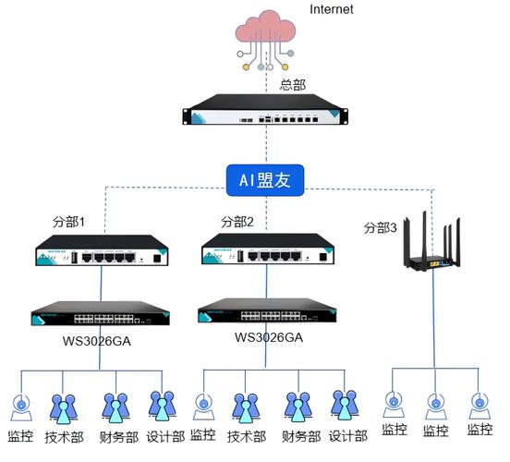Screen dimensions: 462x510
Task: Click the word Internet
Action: (x=331, y=10)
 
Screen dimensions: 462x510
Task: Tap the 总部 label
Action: (x=293, y=84)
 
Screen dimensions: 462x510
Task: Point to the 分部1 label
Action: (x=68, y=223)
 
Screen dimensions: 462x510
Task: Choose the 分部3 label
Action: (x=380, y=227)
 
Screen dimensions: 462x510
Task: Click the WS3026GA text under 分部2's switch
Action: (x=269, y=337)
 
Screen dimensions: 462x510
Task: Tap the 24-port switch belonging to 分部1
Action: (x=95, y=313)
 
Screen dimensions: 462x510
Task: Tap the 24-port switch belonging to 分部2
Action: (x=266, y=312)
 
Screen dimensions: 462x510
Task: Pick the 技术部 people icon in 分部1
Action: (x=63, y=407)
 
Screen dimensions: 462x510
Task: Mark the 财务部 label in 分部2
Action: (x=300, y=436)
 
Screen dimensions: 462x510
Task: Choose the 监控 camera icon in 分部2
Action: (x=203, y=407)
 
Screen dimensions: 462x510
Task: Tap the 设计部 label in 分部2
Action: (x=348, y=436)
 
